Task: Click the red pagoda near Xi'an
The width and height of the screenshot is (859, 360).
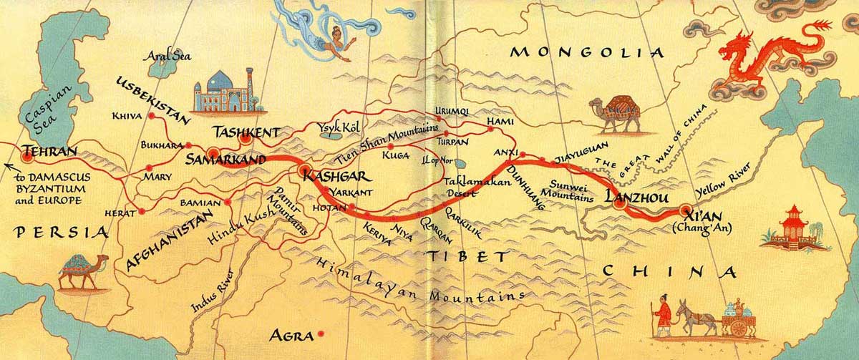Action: [x=790, y=227]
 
